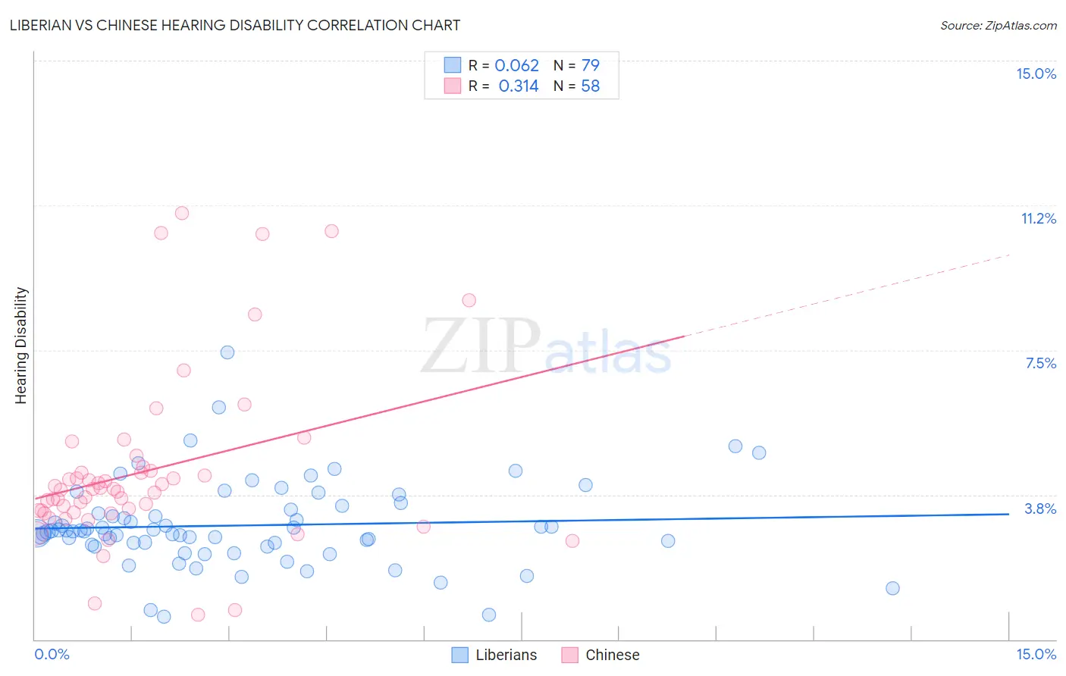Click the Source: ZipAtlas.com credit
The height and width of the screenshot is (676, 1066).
pos(998,26)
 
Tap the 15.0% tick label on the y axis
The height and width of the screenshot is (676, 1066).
pos(1036,74)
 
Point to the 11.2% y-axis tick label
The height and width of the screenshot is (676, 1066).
pos(1038,218)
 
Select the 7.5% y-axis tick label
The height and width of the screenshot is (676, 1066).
pos(1040,363)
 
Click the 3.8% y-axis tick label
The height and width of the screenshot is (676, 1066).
pos(1040,509)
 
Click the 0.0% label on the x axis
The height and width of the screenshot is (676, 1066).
pos(52,654)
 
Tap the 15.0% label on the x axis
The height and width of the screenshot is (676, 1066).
pos(1036,654)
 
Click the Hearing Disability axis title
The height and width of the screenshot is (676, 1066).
pos(21,346)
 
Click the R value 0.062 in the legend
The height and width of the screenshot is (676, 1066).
pos(516,66)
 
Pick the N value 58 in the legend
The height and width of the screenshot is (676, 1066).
pos(590,86)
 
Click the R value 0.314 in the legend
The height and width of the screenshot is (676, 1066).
pos(519,86)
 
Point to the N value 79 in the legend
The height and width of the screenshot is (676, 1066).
pos(590,66)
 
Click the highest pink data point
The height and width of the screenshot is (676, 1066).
pos(182,213)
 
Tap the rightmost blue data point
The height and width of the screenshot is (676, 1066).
pos(892,588)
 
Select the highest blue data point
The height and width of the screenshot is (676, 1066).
pos(227,352)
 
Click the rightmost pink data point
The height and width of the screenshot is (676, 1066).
pos(572,540)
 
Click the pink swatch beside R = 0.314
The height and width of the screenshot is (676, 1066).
pos(453,86)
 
